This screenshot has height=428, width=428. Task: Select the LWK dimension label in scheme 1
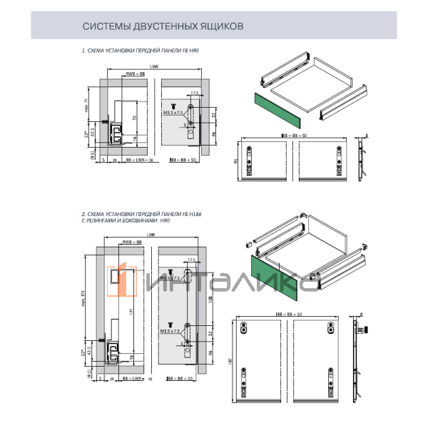(154, 66)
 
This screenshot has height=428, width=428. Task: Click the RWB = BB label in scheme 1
(135, 73)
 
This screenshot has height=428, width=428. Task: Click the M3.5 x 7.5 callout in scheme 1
(173, 113)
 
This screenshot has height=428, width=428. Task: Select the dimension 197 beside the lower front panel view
(229, 361)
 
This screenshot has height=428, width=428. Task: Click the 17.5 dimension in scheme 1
(194, 93)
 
